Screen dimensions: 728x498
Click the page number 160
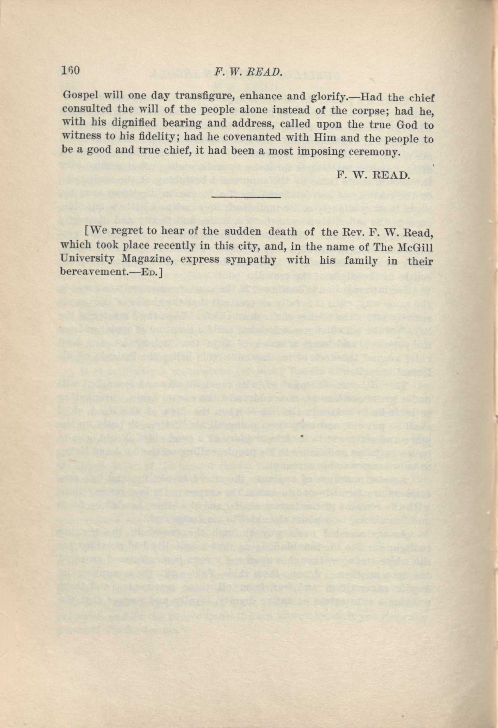(x=71, y=70)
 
